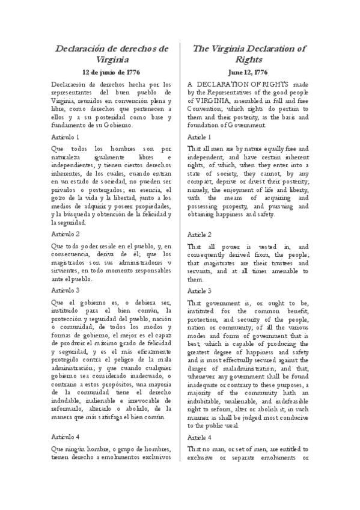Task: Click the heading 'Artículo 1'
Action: (x=66, y=138)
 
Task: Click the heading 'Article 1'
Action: (x=203, y=138)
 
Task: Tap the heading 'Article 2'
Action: (x=203, y=233)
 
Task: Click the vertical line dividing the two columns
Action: (x=182, y=271)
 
